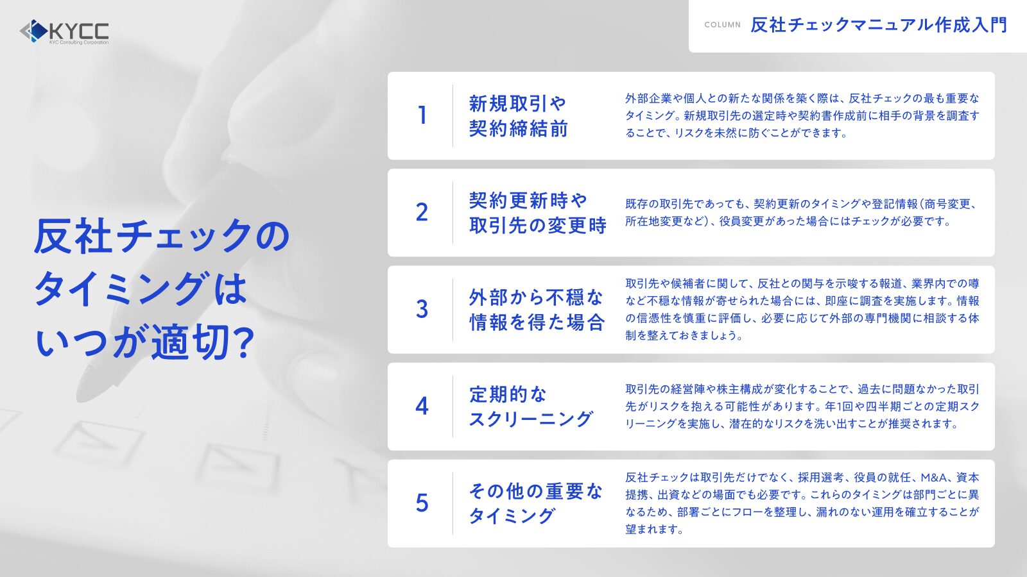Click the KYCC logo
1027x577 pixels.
[64, 31]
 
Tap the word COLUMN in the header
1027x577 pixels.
[723, 25]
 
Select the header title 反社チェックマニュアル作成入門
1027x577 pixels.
[879, 25]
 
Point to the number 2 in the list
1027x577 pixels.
[422, 212]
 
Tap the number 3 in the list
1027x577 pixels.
[422, 309]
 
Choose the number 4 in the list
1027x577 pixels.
[422, 406]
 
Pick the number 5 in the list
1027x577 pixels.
[422, 503]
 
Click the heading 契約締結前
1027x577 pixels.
[518, 128]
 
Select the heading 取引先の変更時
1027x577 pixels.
[537, 225]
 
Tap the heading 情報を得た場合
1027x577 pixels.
[537, 322]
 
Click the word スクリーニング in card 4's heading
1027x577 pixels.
[531, 419]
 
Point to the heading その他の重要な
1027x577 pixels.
[535, 491]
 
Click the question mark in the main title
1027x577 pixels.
[241, 342]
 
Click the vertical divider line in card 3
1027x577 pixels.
[453, 310]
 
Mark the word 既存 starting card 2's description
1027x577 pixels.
[636, 204]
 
